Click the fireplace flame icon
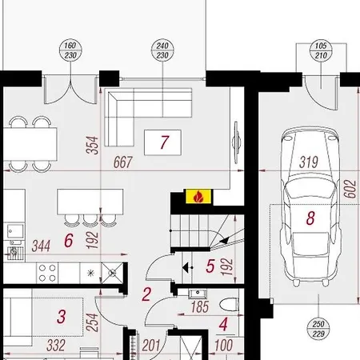(198, 197)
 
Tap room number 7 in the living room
(165, 142)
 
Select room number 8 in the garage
(310, 218)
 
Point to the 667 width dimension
(123, 162)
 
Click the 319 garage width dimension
(309, 162)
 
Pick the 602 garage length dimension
(350, 189)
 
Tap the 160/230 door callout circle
(70, 50)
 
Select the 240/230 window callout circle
(162, 50)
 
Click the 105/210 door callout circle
(321, 50)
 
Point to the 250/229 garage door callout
(318, 329)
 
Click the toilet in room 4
(229, 305)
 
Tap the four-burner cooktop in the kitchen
(47, 273)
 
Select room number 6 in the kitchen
(69, 241)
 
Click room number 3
(62, 317)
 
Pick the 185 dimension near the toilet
(200, 307)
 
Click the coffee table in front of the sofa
(162, 142)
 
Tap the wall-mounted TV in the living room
(236, 142)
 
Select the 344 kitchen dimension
(41, 246)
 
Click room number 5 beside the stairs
(210, 266)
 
